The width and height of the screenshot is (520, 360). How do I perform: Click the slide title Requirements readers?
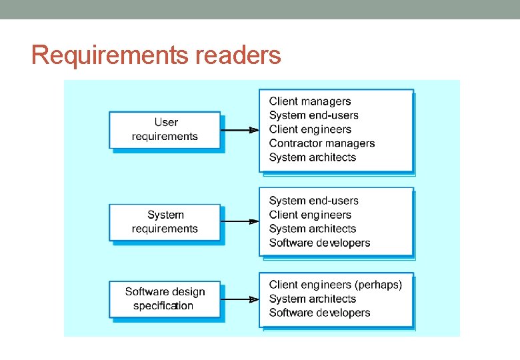tap(156, 55)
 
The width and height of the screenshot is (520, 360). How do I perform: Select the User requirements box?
tap(165, 130)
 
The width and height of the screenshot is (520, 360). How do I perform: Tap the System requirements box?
tap(165, 222)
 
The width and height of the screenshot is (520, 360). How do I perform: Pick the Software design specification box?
tap(165, 299)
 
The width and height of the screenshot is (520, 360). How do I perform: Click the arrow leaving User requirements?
tap(239, 130)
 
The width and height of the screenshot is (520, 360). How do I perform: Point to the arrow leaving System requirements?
tap(239, 221)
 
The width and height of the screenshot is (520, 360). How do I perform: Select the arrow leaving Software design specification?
tap(239, 299)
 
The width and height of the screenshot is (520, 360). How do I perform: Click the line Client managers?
tap(310, 101)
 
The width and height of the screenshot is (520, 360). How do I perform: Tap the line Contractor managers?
tap(322, 143)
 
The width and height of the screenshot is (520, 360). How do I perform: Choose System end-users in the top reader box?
tap(314, 115)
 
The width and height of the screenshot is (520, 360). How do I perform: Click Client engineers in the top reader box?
tap(310, 129)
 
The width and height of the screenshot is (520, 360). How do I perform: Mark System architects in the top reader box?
tap(313, 157)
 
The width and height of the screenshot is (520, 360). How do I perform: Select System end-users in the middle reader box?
tap(314, 201)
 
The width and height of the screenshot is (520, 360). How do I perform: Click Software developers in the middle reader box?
tap(319, 243)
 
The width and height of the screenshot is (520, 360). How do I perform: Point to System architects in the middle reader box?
tap(313, 229)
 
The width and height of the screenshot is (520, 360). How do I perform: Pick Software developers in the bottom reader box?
tap(319, 313)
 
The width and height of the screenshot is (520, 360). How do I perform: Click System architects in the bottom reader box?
tap(313, 299)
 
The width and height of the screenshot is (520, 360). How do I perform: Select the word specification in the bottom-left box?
tap(163, 306)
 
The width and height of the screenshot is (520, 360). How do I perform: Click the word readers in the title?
tap(239, 55)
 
